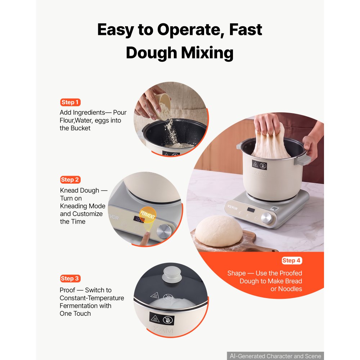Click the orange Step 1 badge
pyautogui.click(x=70, y=102)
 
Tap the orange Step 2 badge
pyautogui.click(x=70, y=180)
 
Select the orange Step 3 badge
pyautogui.click(x=70, y=279)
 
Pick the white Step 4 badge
pyautogui.click(x=292, y=260)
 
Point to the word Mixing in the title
pyautogui.click(x=207, y=53)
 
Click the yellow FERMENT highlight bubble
pyautogui.click(x=148, y=215)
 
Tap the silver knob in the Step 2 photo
pyautogui.click(x=164, y=231)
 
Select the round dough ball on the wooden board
pyautogui.click(x=219, y=231)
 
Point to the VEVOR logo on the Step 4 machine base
pyautogui.click(x=232, y=207)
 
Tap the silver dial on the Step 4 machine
pyautogui.click(x=267, y=218)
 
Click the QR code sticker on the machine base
pyautogui.click(x=275, y=209)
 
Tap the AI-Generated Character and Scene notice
pyautogui.click(x=275, y=356)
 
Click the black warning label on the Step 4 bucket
pyautogui.click(x=260, y=165)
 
